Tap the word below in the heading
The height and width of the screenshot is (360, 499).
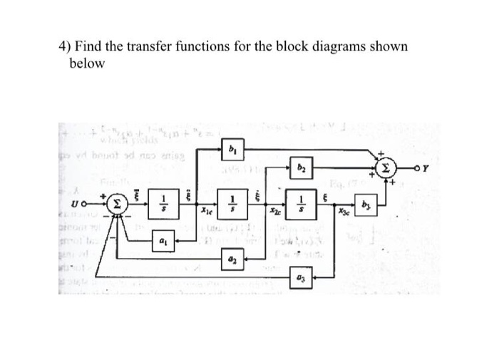[x=86, y=63]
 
